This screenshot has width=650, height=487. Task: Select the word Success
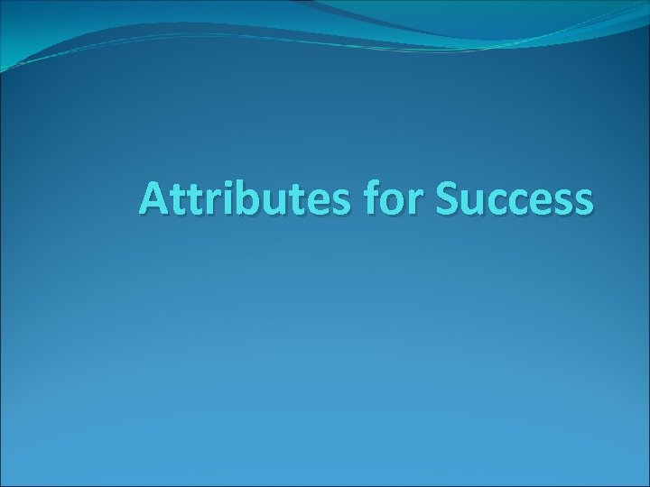pyautogui.click(x=515, y=199)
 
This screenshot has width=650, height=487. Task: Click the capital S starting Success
pyautogui.click(x=448, y=199)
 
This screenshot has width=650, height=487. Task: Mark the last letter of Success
pyautogui.click(x=583, y=202)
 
